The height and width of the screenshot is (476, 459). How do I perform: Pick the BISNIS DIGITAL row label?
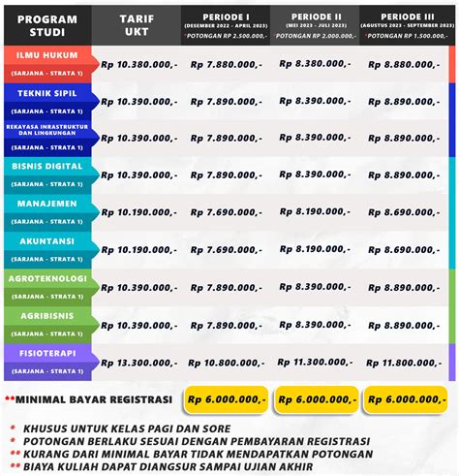(x=47, y=168)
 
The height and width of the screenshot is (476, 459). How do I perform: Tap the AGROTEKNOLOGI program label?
(x=47, y=279)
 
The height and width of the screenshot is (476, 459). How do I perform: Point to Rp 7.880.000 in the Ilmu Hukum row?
(x=226, y=64)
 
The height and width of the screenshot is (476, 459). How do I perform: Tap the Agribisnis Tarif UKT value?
(x=136, y=325)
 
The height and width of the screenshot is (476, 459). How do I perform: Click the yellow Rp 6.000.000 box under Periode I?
(x=226, y=398)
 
